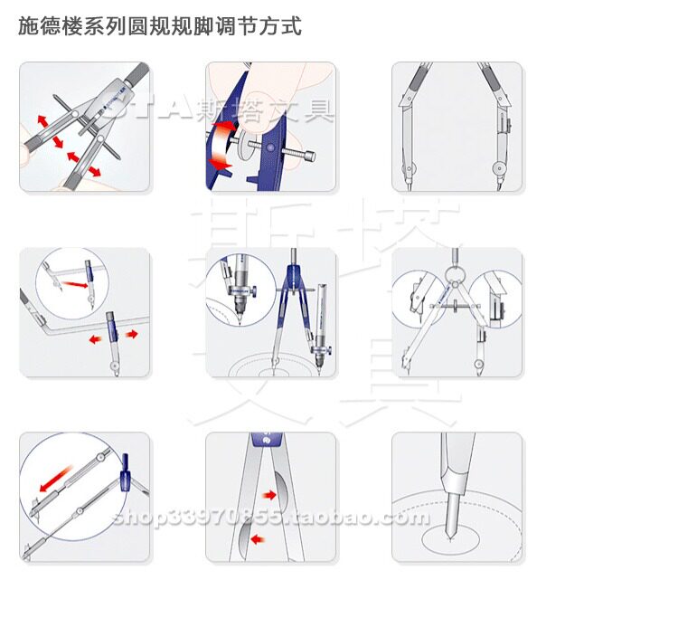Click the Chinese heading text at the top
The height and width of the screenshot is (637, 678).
160,26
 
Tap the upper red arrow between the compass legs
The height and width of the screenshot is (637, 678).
268,495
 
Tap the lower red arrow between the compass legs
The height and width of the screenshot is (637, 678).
258,539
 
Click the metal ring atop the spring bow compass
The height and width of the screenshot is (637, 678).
457,269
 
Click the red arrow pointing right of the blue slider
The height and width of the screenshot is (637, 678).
132,334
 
